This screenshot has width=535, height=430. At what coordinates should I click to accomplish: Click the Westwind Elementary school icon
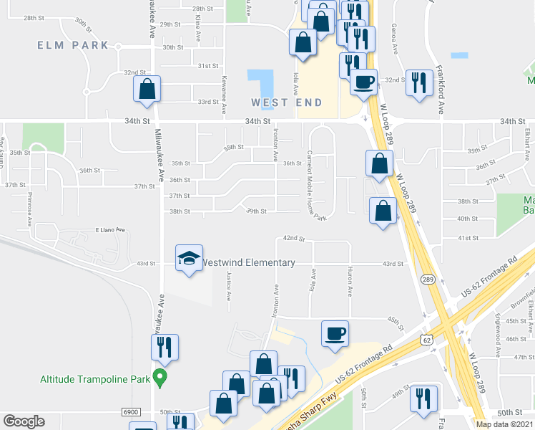(x=189, y=260)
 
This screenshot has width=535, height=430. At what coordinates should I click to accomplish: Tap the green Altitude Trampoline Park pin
(x=161, y=378)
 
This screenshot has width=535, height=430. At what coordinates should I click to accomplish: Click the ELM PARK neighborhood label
(x=75, y=45)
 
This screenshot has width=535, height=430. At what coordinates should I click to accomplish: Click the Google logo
(x=24, y=421)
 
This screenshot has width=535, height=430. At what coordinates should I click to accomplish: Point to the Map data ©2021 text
(x=504, y=424)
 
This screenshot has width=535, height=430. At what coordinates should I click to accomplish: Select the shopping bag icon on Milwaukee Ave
(x=147, y=90)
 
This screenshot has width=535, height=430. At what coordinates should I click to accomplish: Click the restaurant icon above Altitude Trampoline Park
(x=165, y=348)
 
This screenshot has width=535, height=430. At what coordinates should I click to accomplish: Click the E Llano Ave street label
(x=111, y=230)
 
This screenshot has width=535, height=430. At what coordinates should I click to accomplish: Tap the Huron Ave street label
(x=350, y=282)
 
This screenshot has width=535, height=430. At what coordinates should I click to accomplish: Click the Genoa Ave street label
(x=394, y=39)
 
